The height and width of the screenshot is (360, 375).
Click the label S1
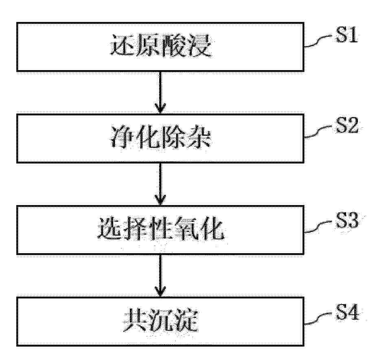coord(347,35)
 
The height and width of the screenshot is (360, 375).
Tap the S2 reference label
coord(347,125)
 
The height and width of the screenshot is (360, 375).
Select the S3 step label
coord(347,220)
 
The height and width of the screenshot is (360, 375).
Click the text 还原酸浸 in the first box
coord(161,46)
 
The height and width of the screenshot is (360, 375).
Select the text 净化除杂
coord(160,137)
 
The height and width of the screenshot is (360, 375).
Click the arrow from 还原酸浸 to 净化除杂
coord(160,92)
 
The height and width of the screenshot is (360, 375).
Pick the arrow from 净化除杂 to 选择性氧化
coord(160,184)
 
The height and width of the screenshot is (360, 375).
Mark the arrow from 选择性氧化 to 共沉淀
coord(160,276)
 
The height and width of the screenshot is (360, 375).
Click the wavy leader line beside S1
coord(319,41)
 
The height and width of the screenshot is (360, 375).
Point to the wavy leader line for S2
coord(319,131)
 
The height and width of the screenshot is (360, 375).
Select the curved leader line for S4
coord(319,318)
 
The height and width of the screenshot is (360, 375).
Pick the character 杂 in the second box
coord(199,137)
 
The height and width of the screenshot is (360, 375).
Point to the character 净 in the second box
coord(121,137)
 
